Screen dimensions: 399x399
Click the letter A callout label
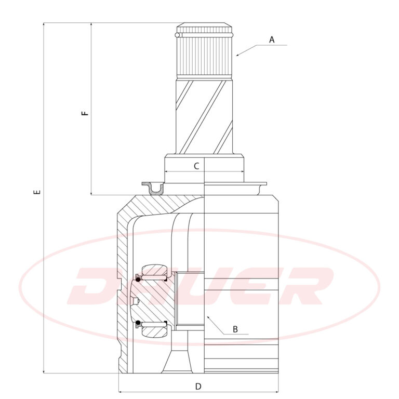pyautogui.click(x=272, y=40)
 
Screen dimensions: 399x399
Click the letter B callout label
pyautogui.click(x=235, y=329)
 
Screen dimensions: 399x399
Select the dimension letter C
pyautogui.click(x=196, y=166)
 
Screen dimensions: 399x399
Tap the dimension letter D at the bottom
pyautogui.click(x=198, y=387)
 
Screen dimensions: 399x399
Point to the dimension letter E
pyautogui.click(x=37, y=192)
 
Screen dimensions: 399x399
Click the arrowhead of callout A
pyautogui.click(x=237, y=55)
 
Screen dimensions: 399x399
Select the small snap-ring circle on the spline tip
pyautogui.click(x=177, y=35)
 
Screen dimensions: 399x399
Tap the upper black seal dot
pyautogui.click(x=138, y=280)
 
